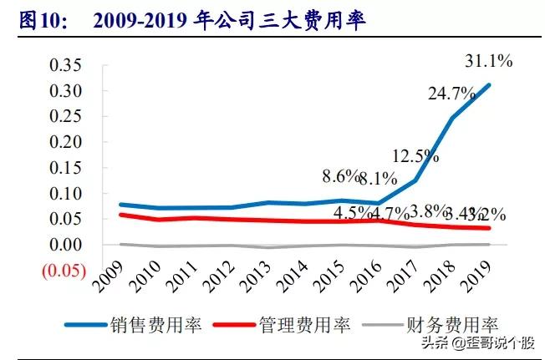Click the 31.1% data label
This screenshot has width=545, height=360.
click(x=488, y=60)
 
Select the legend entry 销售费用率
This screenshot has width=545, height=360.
click(x=150, y=324)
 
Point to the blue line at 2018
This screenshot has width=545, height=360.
click(x=452, y=118)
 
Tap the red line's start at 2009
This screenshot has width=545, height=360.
click(x=121, y=215)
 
